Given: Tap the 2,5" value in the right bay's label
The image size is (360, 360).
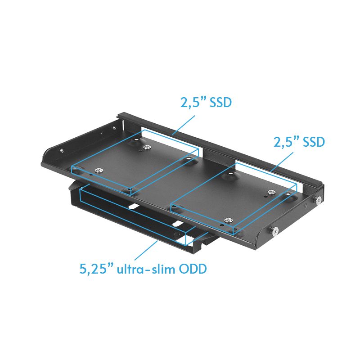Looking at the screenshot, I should click(286, 142).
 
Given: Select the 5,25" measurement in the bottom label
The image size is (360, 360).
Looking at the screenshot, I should click(95, 270).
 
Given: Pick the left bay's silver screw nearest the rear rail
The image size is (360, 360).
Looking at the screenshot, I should click(146, 147).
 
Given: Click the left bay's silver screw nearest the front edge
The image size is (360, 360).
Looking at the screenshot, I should click(99, 170).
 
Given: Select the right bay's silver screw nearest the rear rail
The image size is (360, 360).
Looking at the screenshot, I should click(270, 193).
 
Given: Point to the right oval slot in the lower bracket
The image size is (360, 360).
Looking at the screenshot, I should click(177, 224).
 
